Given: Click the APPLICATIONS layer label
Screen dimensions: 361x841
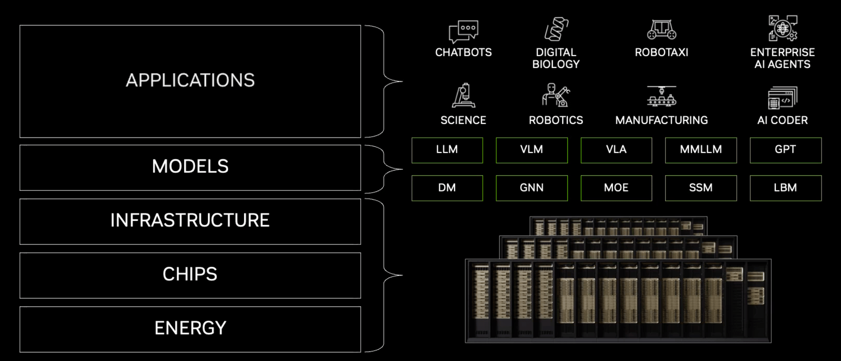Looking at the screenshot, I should [190, 81].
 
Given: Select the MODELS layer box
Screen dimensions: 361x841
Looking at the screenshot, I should [190, 168].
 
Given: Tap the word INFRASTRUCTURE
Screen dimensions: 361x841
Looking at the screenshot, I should [190, 220].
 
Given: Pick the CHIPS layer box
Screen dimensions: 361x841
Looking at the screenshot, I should [190, 275].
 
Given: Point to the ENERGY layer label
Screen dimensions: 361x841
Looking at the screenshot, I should [190, 328].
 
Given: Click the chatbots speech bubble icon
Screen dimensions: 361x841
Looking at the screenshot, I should [463, 31].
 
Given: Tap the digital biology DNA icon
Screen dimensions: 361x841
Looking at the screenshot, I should [556, 29].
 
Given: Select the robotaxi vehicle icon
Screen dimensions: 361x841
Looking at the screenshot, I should [662, 29].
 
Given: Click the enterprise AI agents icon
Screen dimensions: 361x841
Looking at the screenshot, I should [783, 28].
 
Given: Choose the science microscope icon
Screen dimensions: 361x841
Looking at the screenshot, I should [463, 96].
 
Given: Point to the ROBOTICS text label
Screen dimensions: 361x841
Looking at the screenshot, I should [556, 120].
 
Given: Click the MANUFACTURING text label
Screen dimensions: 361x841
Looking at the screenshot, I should [662, 120].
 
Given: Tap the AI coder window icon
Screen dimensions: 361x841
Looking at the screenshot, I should [783, 97].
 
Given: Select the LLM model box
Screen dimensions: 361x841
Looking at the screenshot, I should [447, 150].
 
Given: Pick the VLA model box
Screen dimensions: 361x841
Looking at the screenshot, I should [616, 150].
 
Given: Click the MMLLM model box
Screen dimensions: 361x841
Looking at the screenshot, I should [701, 150].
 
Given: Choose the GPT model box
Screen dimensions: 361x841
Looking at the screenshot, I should [786, 150].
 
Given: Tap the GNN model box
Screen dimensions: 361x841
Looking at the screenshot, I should [532, 188].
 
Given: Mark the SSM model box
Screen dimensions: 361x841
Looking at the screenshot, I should [701, 188].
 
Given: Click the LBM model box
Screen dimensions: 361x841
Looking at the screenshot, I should [786, 188].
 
